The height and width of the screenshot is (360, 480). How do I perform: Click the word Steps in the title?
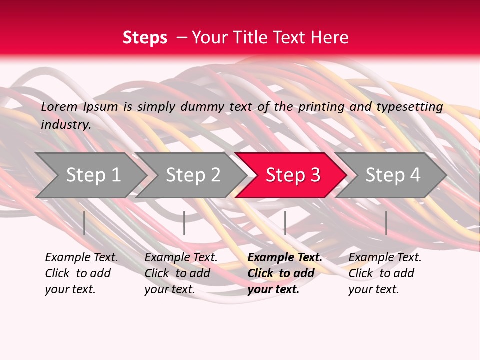click(145, 38)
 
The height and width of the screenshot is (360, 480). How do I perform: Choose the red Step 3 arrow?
click(293, 175)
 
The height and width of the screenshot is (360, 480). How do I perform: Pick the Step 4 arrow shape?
click(393, 175)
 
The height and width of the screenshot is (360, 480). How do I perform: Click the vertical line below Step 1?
click(84, 223)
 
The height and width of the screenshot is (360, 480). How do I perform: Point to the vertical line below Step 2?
click(184, 223)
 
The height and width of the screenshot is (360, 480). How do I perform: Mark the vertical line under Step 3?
click(285, 223)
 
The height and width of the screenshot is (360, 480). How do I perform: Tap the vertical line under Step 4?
click(386, 223)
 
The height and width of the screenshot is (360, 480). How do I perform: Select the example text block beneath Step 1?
click(81, 273)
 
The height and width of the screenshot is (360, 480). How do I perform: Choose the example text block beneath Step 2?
click(181, 273)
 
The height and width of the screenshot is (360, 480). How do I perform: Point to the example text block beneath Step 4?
click(385, 273)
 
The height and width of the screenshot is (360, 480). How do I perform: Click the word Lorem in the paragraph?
click(59, 107)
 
